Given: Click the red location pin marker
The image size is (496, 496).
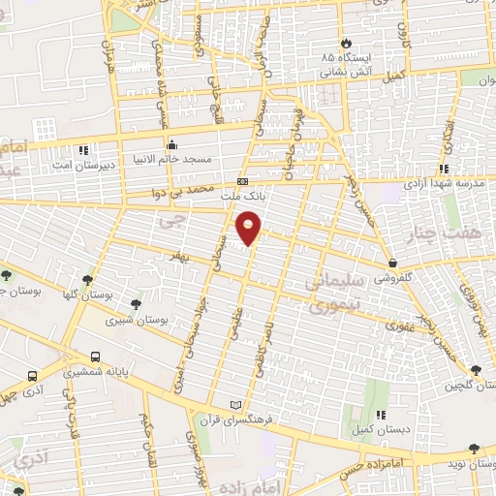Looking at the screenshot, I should tap(249, 229).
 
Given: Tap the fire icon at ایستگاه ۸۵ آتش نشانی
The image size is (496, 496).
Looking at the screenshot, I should tap(346, 44).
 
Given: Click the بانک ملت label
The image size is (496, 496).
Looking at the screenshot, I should tap(242, 196).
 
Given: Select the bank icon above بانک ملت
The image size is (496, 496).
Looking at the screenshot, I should tap(242, 181).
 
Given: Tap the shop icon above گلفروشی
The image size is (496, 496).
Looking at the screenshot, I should tap(392, 263).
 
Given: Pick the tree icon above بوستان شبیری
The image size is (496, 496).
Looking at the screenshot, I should tap(135, 302).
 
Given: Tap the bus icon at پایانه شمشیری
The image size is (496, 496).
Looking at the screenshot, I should tap(95, 356).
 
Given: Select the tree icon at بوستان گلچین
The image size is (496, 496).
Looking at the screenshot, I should tap(475, 370).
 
